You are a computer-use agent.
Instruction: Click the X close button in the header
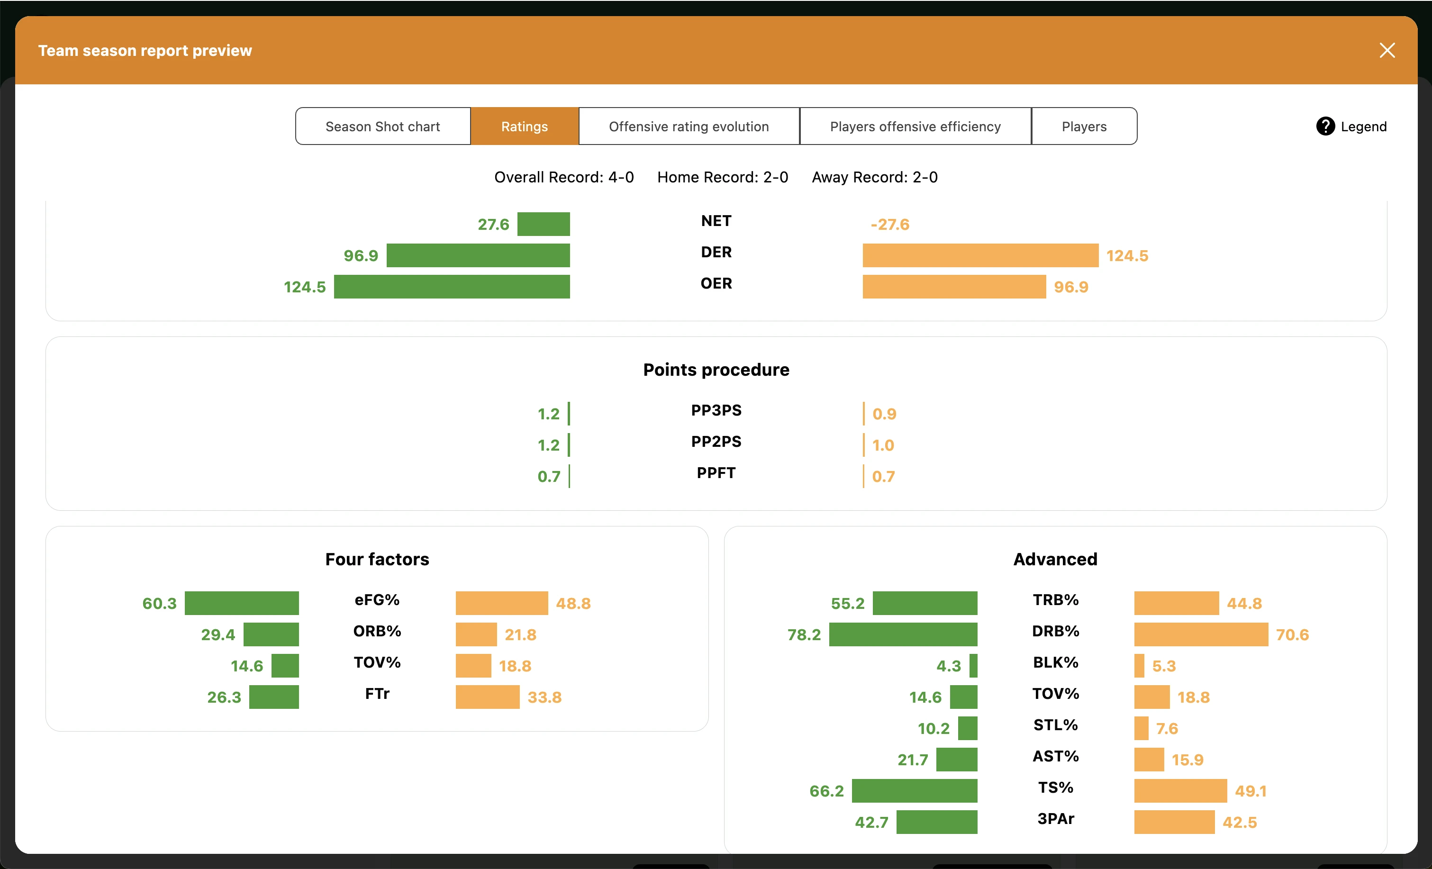[x=1387, y=51]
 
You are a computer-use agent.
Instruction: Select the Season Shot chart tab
[x=382, y=126]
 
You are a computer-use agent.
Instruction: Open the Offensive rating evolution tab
[x=689, y=126]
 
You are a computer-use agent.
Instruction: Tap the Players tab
[x=1083, y=126]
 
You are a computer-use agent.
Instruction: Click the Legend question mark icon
[x=1325, y=126]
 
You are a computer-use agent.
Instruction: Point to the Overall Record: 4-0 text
[x=564, y=177]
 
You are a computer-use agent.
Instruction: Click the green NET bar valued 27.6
[x=544, y=225]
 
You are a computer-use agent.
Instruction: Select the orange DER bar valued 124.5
[x=980, y=256]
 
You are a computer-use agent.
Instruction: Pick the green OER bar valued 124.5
[x=452, y=287]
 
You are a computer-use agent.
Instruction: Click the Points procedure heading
[x=716, y=370]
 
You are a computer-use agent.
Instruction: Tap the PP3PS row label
[x=716, y=410]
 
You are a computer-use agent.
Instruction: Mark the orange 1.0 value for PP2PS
[x=883, y=445]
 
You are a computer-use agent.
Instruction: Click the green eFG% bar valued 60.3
[x=242, y=603]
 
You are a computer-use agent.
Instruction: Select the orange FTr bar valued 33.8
[x=487, y=697]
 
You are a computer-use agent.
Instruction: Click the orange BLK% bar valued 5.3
[x=1139, y=666]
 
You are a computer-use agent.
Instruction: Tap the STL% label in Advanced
[x=1055, y=725]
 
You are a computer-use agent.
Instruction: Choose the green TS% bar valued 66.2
[x=914, y=791]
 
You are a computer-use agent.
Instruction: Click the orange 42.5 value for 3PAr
[x=1239, y=823]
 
